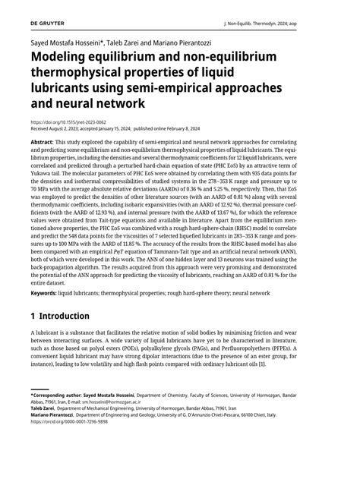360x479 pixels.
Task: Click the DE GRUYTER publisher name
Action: coord(47,24)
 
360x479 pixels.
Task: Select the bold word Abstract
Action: coord(42,143)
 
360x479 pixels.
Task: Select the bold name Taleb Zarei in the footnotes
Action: coord(43,430)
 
